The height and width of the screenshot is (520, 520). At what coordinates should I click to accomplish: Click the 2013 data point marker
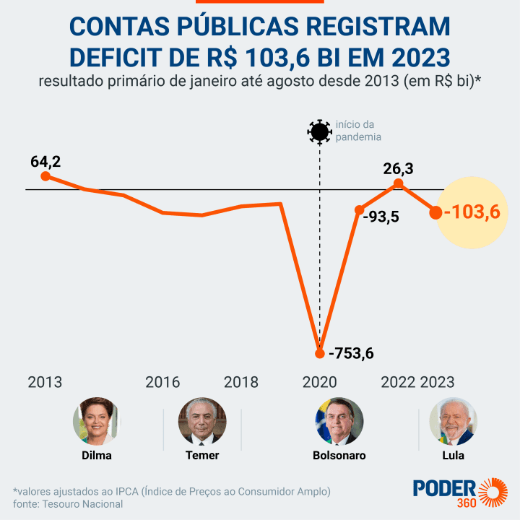point(45,176)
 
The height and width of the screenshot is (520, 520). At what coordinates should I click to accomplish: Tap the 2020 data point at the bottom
point(320,353)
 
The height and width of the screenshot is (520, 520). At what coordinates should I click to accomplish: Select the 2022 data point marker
point(398,183)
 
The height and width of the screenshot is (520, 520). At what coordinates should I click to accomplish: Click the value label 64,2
point(45,161)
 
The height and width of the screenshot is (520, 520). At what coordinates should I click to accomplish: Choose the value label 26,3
point(398,168)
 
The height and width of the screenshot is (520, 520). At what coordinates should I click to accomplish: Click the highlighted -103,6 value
point(472,212)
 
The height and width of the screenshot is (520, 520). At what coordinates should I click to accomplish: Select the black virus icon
point(318,131)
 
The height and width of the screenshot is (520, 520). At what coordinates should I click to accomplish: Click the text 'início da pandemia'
point(357,131)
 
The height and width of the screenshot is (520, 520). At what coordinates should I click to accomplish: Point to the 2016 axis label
point(162,382)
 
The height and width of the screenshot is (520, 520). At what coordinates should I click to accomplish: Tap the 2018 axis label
point(241,382)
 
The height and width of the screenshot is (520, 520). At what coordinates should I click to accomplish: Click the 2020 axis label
point(320,382)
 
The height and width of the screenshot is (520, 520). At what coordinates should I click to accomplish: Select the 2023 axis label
point(437,382)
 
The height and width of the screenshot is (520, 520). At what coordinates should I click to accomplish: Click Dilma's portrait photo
point(96,421)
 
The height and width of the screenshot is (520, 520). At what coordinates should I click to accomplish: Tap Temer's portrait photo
point(202,421)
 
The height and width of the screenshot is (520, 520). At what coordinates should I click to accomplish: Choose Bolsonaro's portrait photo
point(339,421)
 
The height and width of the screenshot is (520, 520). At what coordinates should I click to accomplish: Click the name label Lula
point(453,456)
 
